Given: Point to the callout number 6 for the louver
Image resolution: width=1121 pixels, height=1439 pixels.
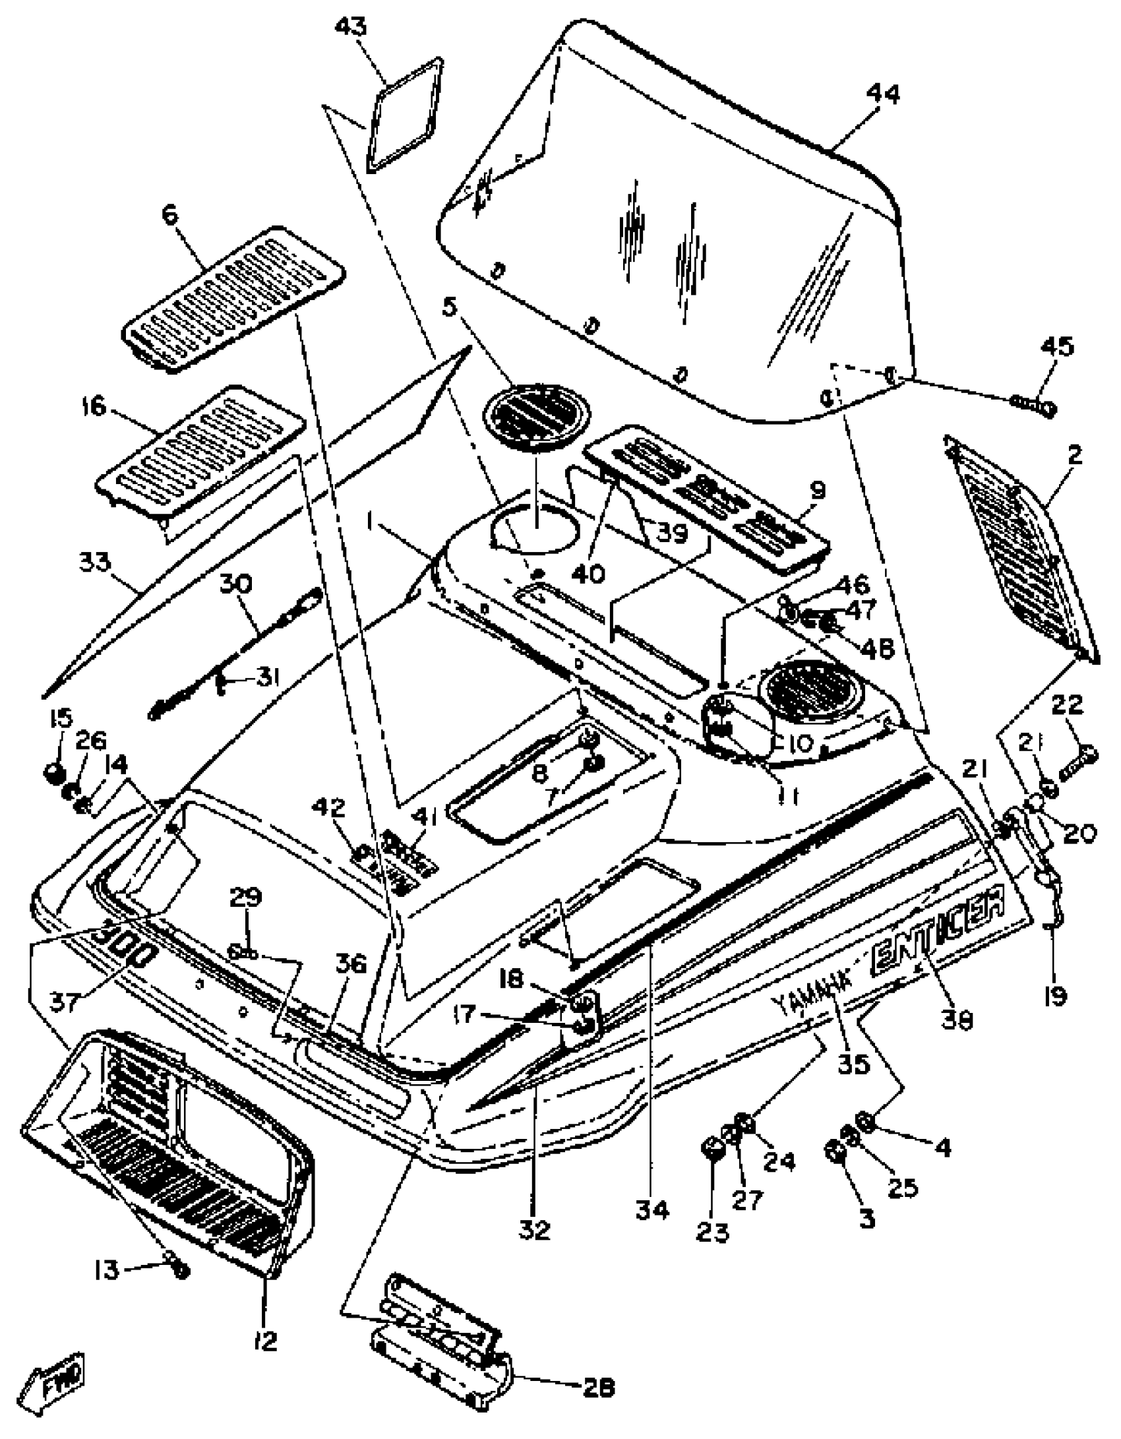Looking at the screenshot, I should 171,216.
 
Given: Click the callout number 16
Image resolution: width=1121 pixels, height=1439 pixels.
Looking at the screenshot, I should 94,406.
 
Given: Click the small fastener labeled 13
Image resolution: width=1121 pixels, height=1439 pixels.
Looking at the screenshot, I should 179,1270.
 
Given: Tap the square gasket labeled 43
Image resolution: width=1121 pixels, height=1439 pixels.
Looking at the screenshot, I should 405,115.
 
